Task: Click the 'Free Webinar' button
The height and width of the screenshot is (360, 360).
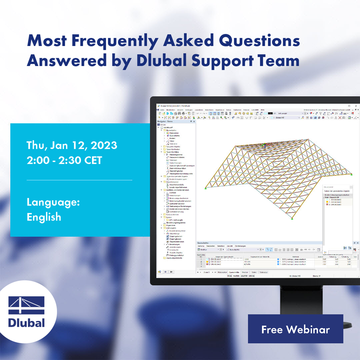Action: (295, 329)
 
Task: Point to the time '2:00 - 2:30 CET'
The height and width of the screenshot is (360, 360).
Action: (64, 161)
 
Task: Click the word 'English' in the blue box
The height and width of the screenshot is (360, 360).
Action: (44, 217)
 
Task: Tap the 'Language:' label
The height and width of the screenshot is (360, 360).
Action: (53, 202)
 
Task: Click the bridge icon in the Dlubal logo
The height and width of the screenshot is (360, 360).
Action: (27, 305)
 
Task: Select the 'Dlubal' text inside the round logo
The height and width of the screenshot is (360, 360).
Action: (27, 323)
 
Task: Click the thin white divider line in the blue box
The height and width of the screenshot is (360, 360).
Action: (79, 180)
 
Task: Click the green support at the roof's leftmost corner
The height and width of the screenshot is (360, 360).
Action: (206, 188)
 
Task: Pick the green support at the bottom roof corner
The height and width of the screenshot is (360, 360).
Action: (292, 218)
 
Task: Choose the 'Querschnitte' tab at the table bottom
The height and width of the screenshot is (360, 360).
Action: (234, 272)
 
